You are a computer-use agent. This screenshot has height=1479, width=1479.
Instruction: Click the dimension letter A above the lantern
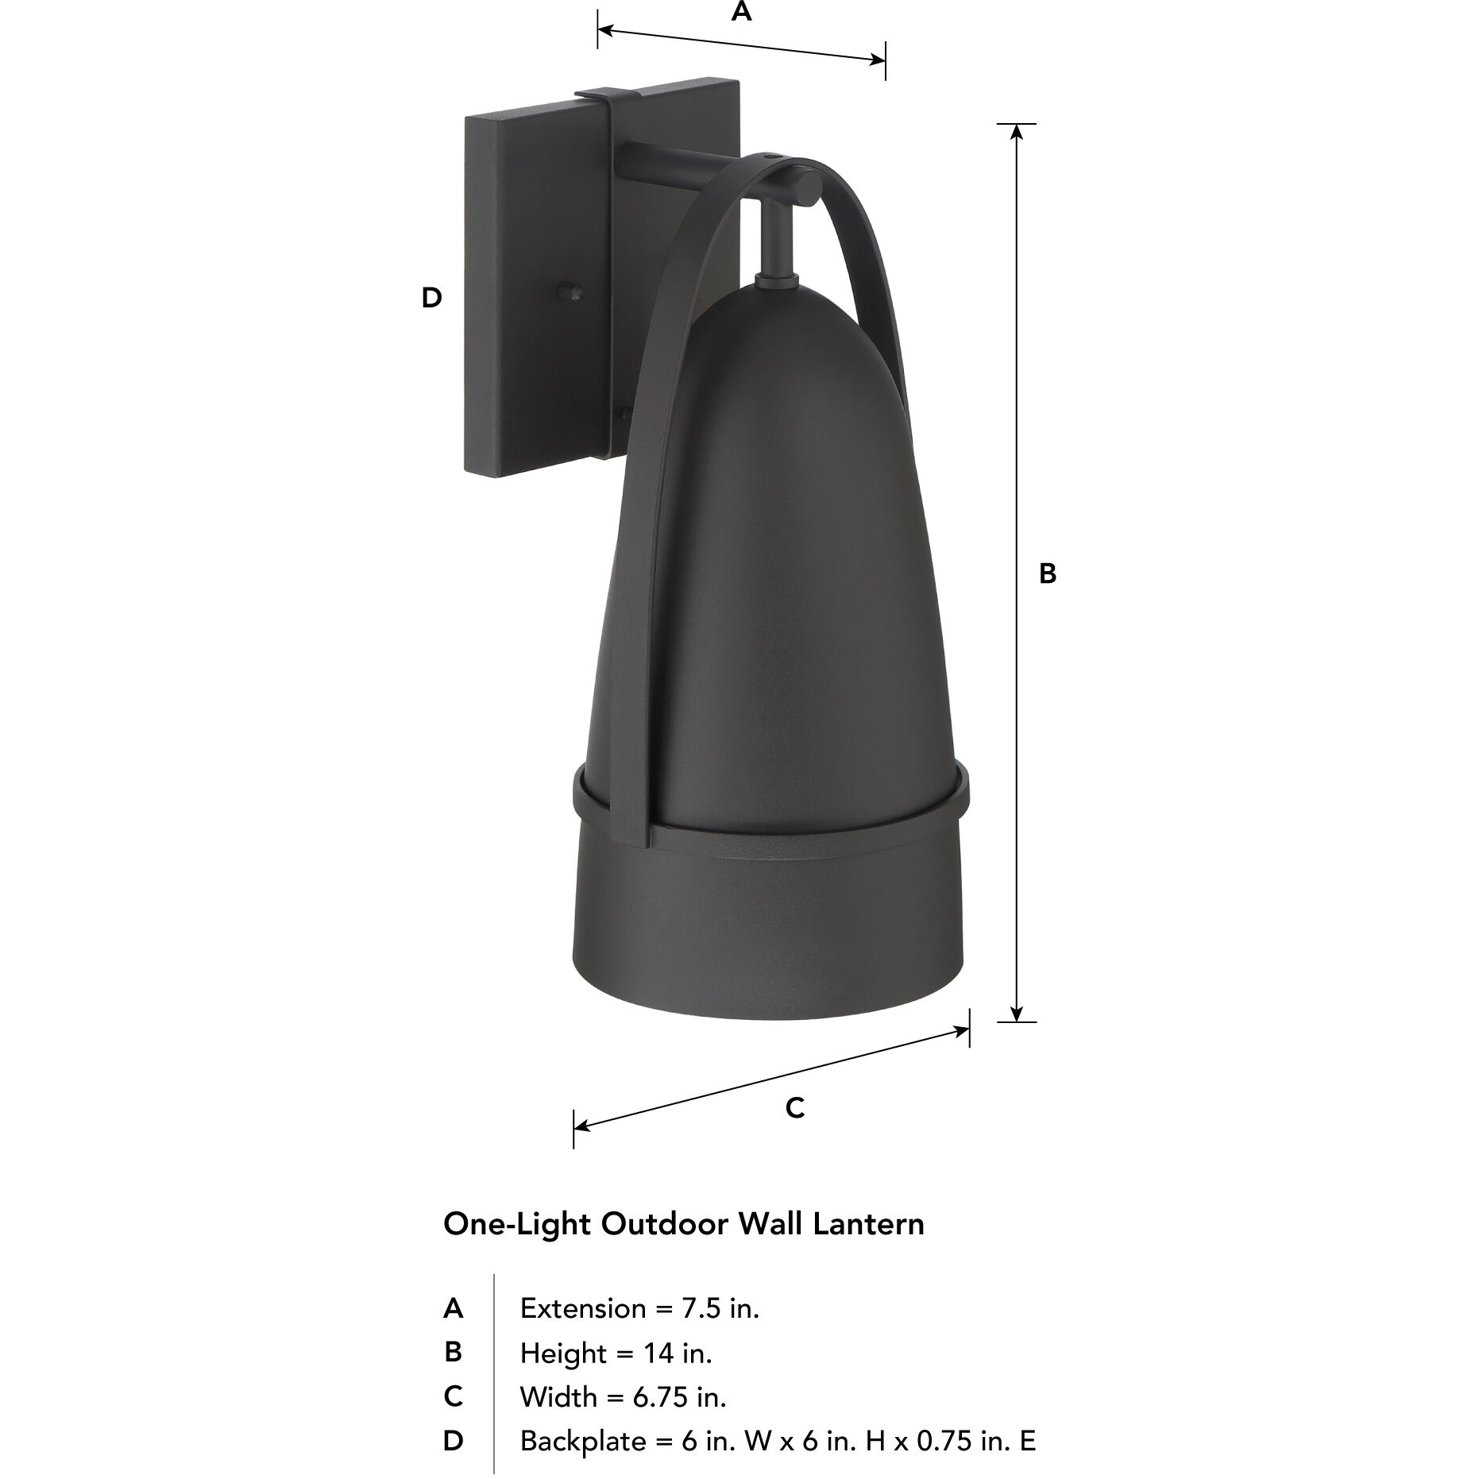point(741,12)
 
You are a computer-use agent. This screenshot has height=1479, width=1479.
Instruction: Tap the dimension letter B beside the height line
point(1048,573)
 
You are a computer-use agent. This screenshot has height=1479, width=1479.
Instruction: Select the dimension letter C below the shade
point(794,1107)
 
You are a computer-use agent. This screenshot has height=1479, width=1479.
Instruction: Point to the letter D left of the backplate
point(431,298)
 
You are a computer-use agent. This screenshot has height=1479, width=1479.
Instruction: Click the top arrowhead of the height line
point(1016,131)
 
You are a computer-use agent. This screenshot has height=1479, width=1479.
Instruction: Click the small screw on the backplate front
point(569,291)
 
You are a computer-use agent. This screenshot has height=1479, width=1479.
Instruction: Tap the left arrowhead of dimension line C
point(581,1126)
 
